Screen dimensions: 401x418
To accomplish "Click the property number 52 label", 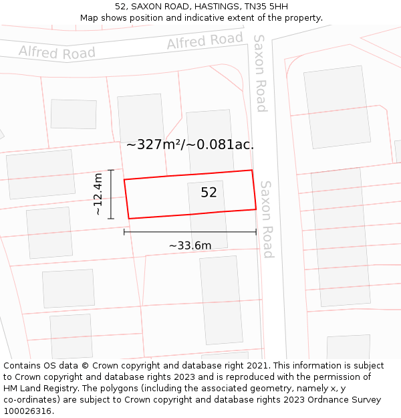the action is click(x=209, y=193).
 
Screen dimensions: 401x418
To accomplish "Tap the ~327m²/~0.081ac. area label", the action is click(x=190, y=144).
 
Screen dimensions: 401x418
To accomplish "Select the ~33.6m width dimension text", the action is click(x=190, y=245).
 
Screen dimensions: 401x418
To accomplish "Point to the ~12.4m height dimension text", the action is click(x=98, y=194).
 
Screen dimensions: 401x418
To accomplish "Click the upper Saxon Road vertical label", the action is click(x=260, y=73).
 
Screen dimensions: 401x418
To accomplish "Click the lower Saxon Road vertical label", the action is click(x=267, y=219).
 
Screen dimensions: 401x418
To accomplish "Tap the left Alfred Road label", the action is click(x=57, y=52).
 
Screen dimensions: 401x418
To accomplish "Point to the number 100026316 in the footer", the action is click(x=27, y=411).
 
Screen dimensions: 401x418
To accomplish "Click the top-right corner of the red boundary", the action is click(x=252, y=171).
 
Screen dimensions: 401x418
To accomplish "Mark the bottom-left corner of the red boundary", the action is click(x=128, y=219).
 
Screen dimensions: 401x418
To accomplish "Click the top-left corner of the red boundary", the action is click(x=124, y=179).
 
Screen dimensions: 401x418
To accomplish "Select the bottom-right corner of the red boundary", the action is click(x=256, y=209).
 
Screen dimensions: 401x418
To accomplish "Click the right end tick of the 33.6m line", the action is click(x=256, y=232).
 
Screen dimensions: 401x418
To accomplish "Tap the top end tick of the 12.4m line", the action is click(x=111, y=171).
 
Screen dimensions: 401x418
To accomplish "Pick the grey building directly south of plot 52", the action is click(x=221, y=300).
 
